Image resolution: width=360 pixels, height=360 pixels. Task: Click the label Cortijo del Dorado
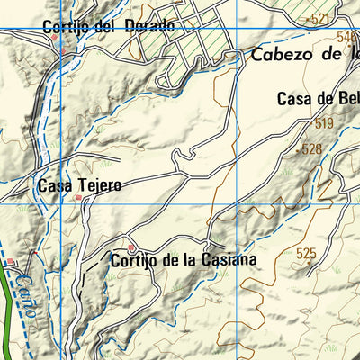[107, 26]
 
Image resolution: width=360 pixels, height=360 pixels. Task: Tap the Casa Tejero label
[79, 185]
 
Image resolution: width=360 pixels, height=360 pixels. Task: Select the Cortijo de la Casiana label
[183, 260]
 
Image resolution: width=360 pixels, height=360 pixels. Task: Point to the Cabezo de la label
[304, 54]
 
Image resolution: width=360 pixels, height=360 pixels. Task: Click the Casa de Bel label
[317, 100]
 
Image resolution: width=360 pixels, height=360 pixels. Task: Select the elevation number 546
[347, 37]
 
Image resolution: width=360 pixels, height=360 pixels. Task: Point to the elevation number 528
[311, 149]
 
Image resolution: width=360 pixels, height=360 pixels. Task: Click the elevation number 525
[305, 254]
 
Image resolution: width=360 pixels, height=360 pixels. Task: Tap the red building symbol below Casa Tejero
[79, 197]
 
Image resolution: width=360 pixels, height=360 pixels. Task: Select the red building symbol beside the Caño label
[11, 262]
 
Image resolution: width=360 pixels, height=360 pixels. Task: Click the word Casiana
[229, 260]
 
